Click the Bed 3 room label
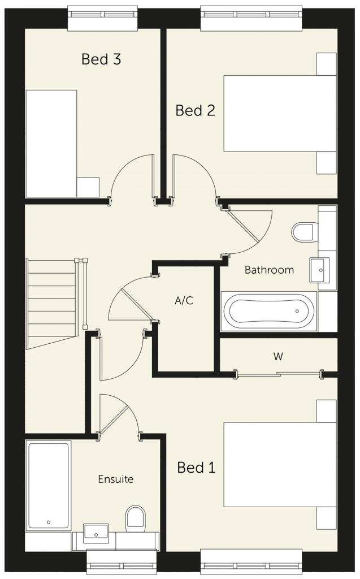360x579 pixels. coord(102,59)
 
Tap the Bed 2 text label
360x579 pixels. coord(195,110)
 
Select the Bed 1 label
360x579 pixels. coord(196,468)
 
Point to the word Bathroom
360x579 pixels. coord(269,270)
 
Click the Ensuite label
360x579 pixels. coord(116,479)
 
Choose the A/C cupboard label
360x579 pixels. coord(184,301)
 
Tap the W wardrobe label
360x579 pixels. coord(278,357)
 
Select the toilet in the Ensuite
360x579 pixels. coord(135,517)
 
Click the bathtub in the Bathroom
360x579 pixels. coord(268,311)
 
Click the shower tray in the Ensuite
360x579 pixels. coord(48,486)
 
